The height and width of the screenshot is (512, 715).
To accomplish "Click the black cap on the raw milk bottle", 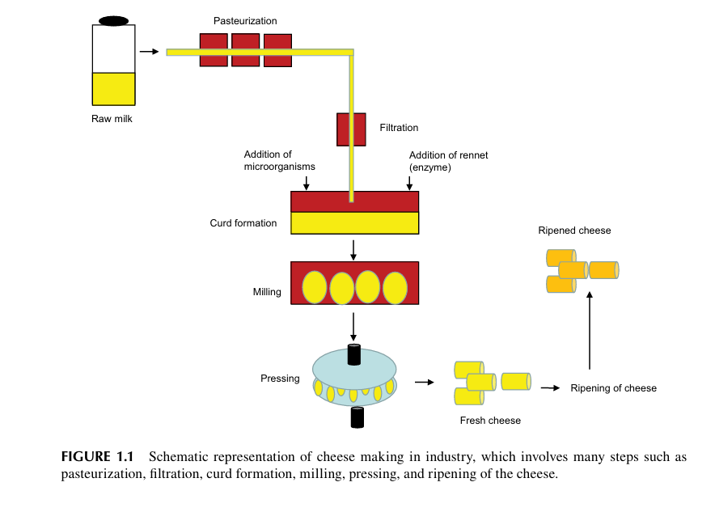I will click(113, 20).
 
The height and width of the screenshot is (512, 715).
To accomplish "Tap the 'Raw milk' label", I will click(112, 120).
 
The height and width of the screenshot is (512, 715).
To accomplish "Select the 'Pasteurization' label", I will click(244, 19).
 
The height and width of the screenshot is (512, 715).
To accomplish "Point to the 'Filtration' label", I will click(399, 128).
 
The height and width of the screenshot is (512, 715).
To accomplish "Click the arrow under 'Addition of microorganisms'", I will click(306, 183).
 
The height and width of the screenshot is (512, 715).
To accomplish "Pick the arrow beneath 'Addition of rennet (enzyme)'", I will click(409, 183).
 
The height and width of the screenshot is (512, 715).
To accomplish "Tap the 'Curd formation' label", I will click(243, 223).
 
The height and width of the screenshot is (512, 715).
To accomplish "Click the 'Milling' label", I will click(267, 292).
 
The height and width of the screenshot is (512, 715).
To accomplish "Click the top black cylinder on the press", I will click(353, 354).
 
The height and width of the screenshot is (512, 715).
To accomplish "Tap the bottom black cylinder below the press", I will click(357, 417).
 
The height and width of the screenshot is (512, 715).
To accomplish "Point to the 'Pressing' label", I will click(280, 379).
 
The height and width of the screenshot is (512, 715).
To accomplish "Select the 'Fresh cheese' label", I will click(490, 421).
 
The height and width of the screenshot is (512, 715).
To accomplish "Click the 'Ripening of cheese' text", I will click(613, 388).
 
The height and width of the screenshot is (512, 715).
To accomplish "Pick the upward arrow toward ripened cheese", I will click(590, 331).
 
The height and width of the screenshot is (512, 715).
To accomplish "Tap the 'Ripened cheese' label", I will click(574, 231).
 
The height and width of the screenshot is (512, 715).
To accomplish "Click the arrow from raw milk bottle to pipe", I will click(149, 52).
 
